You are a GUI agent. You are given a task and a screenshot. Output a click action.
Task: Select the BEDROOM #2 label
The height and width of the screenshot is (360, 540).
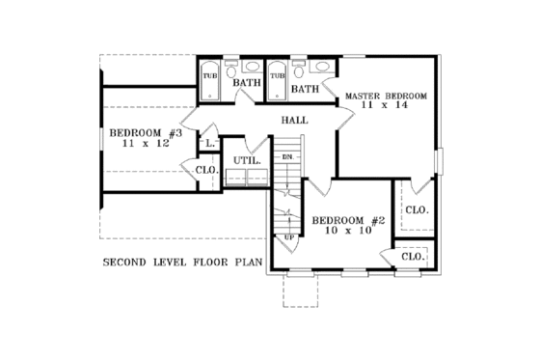click(348, 220)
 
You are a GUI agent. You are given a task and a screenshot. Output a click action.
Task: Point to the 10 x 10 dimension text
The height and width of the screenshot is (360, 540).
click(348, 232)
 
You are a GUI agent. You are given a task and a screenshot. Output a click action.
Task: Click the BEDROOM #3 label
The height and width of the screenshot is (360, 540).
click(141, 132)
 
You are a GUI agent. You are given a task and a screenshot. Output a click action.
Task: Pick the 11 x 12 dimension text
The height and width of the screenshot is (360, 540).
click(141, 143)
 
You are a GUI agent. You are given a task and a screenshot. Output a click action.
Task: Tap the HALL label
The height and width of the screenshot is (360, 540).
click(294, 121)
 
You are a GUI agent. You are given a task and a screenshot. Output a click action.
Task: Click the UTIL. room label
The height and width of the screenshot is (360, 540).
click(243, 160)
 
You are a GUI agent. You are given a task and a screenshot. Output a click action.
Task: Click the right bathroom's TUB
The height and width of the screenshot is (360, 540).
click(277, 75)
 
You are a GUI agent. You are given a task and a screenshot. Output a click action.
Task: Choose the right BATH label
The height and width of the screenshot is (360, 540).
click(306, 90)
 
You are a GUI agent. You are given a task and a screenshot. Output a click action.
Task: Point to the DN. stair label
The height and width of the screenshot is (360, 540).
click(286, 155)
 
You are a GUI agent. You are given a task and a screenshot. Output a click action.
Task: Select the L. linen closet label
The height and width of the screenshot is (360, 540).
click(209, 144)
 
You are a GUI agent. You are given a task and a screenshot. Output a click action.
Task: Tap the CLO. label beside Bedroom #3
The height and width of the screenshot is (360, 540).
click(207, 171)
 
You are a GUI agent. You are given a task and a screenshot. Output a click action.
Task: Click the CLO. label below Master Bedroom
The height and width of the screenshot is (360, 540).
click(417, 209)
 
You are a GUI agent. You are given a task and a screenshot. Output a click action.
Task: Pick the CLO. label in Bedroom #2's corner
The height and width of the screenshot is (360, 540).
click(413, 257)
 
